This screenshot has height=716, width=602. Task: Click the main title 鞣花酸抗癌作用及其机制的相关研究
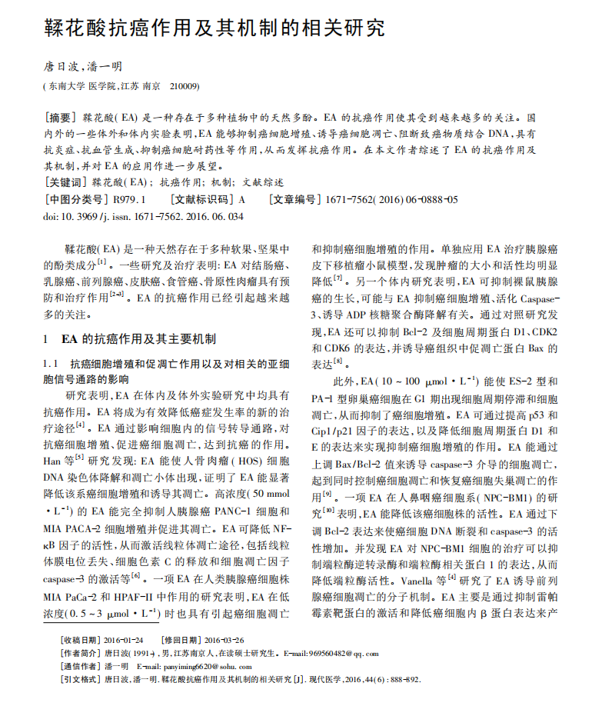[215, 29]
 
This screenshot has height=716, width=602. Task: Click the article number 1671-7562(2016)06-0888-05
[392, 200]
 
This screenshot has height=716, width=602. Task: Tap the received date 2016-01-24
[124, 639]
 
